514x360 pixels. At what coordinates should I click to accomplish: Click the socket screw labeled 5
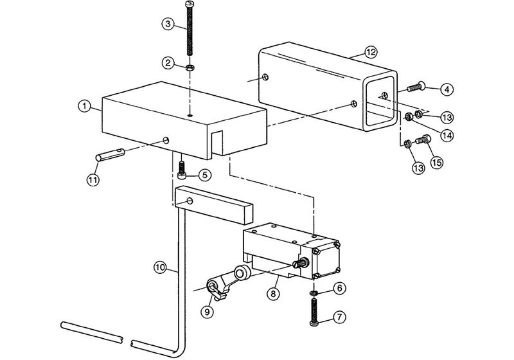[183, 170]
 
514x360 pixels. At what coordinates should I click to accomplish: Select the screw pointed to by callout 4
[417, 87]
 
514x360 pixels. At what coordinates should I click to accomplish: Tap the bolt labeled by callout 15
[423, 138]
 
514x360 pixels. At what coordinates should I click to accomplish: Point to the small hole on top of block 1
[190, 116]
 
